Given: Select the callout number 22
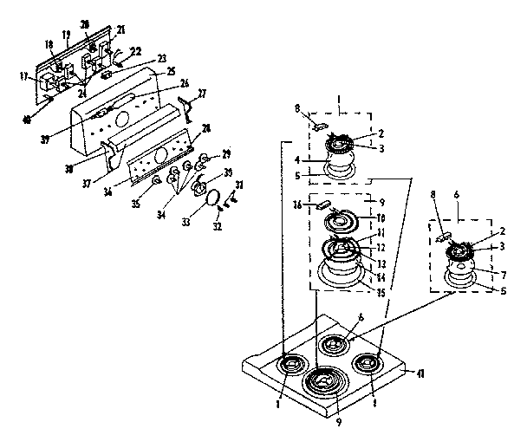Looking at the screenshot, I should pos(135,50).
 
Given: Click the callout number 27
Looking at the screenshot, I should pos(202,93).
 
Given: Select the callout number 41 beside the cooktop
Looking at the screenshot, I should pos(422,373).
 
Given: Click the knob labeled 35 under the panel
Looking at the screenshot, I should pos(154,182).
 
